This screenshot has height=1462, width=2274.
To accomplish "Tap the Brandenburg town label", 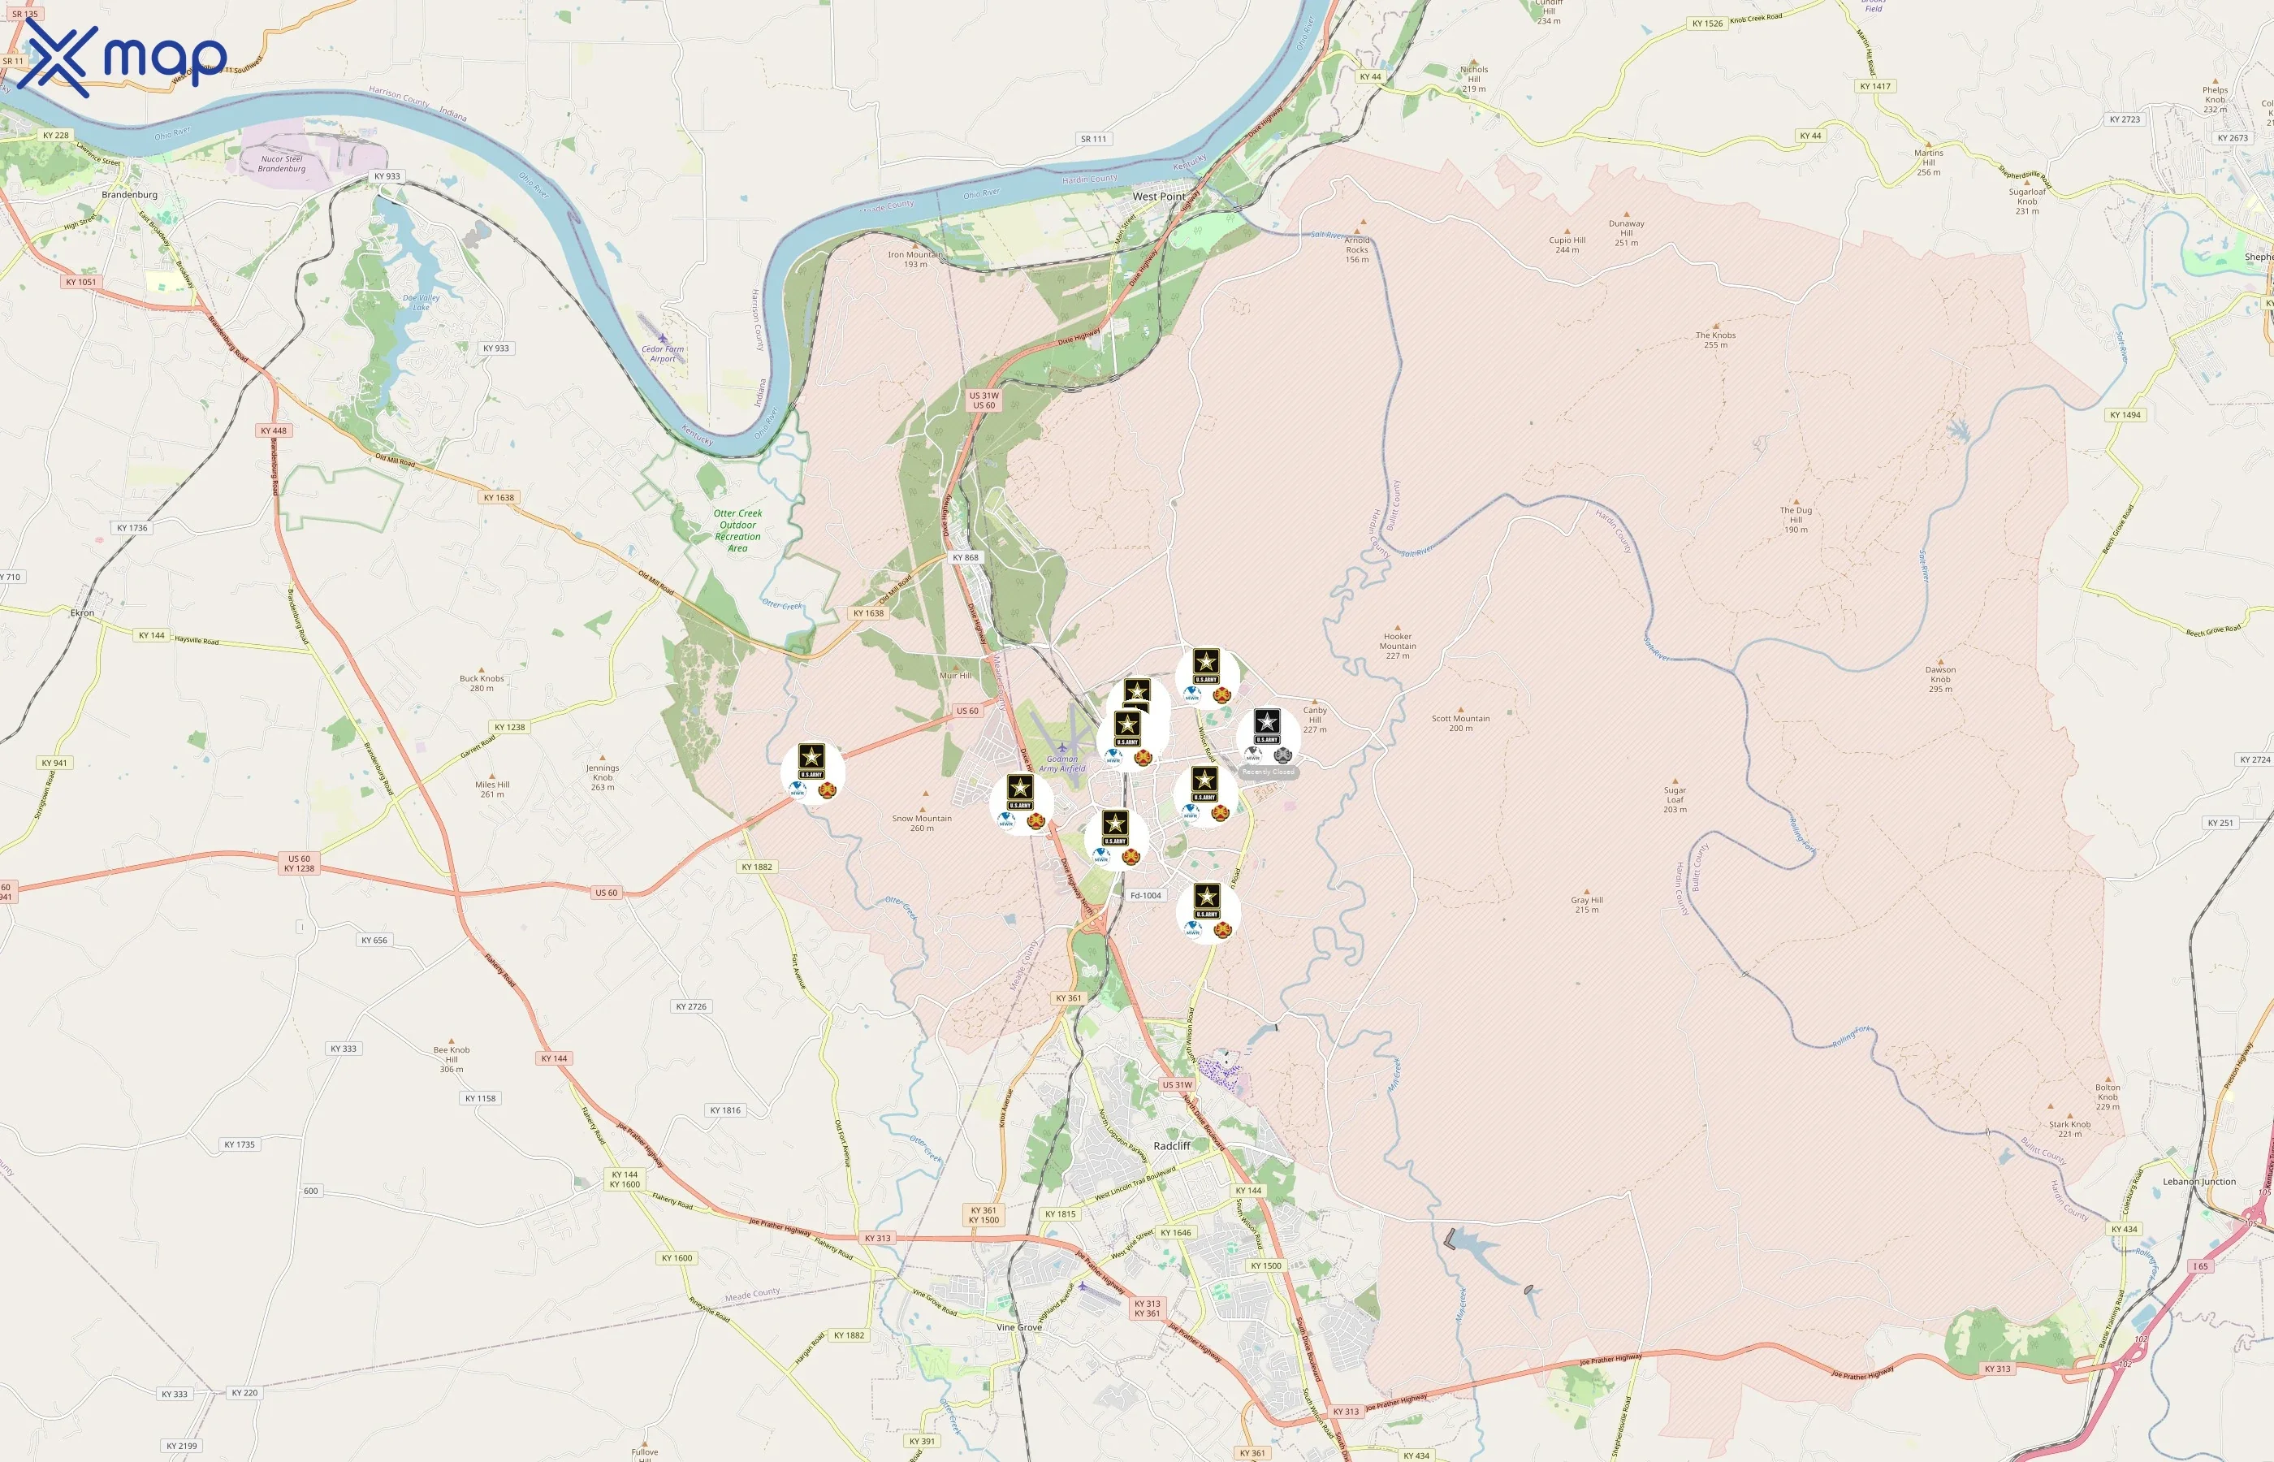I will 129,195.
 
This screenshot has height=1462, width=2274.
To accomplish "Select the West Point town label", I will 1159,197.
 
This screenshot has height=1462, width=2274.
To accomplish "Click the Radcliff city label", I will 1171,1146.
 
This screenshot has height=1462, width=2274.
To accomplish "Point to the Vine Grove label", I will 1018,1327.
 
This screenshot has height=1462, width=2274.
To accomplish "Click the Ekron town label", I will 83,613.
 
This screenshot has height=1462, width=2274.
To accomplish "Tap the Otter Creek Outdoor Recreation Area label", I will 737,530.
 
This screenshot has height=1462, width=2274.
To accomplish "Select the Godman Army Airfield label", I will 1062,763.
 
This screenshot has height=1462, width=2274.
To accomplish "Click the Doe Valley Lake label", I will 422,302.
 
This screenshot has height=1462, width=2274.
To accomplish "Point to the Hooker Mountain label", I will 1397,646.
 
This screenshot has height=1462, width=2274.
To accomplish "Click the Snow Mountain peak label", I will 922,822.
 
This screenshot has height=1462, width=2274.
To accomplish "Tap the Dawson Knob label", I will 1940,679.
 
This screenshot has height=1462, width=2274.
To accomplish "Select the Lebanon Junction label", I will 2199,1182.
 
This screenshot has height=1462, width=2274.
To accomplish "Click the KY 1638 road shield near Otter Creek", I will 867,613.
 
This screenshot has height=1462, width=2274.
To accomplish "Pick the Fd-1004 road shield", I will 1146,895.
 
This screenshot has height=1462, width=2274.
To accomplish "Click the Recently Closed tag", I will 1268,772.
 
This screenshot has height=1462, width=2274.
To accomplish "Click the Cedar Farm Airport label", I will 663,353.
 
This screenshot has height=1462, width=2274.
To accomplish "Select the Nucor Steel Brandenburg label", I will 282,163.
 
